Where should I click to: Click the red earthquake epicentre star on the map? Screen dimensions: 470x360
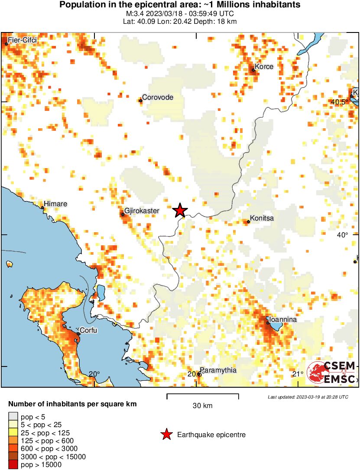[x=180, y=211]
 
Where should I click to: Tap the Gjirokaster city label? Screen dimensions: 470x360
[x=142, y=211]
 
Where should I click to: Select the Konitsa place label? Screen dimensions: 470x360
[x=262, y=219]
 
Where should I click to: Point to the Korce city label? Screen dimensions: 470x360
[x=264, y=67]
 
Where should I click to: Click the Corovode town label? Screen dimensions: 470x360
[x=158, y=97]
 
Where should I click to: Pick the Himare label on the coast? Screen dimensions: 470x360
[x=56, y=204]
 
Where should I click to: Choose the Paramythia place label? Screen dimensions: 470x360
[x=219, y=370]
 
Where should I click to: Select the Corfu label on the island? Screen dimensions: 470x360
[x=89, y=331]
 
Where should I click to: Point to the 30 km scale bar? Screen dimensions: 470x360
[x=203, y=395]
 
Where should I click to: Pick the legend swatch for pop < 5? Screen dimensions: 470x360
[x=13, y=417]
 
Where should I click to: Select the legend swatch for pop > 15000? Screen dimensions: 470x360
[x=13, y=465]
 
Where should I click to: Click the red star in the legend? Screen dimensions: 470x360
[x=166, y=434]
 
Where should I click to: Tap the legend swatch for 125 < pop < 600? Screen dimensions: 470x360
[x=13, y=441]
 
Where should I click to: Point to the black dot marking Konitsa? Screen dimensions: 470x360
[x=248, y=222]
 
